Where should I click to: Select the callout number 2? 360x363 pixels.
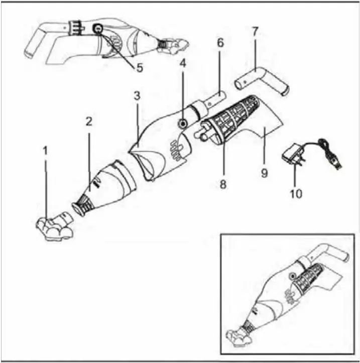89,122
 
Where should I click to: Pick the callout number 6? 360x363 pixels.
219,44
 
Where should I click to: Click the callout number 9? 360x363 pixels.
264,173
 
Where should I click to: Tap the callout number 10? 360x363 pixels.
297,193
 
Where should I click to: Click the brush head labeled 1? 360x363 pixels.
52,227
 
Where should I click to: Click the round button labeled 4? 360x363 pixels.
182,123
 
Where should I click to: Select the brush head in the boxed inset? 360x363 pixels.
240,335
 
